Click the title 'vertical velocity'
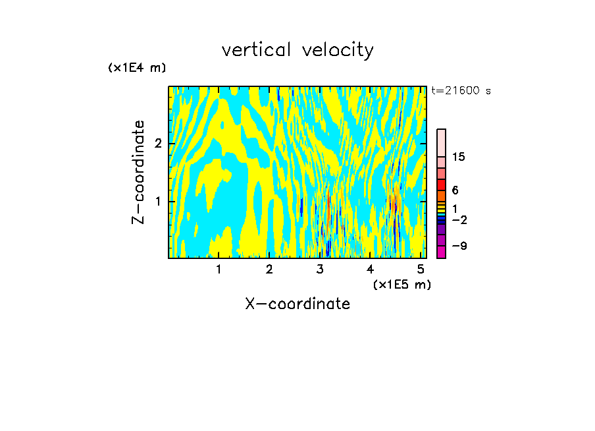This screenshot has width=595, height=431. (297, 50)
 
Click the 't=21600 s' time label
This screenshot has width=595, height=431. (461, 91)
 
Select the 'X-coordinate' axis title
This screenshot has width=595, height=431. (297, 304)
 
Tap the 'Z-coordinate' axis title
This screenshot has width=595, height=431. (138, 172)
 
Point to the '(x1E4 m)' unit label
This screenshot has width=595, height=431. (137, 68)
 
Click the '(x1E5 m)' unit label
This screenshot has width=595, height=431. (401, 284)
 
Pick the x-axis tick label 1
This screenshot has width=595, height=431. (219, 270)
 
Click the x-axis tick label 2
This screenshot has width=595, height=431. (269, 270)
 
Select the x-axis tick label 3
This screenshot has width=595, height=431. (320, 270)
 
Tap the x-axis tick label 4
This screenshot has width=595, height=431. (371, 270)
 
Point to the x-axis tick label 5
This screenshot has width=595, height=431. (421, 270)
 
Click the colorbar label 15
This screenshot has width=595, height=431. (459, 157)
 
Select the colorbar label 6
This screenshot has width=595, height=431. (455, 190)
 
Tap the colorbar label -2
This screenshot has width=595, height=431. (459, 219)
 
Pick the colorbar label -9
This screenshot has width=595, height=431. (459, 246)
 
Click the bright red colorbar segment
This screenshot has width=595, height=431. (441, 185)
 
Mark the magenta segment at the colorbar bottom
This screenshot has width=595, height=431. (441, 252)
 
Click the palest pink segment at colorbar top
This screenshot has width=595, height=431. (441, 142)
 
